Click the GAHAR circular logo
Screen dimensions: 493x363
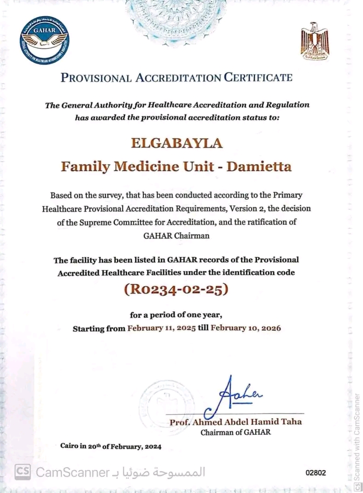point(45,41)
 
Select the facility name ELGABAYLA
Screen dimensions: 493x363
point(177,143)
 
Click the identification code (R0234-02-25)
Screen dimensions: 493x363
point(176,291)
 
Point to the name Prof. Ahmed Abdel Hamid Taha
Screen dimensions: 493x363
point(236,422)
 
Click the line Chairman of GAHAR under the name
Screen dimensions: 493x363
point(236,433)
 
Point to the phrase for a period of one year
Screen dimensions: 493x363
point(176,315)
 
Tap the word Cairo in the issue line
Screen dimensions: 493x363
point(69,446)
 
